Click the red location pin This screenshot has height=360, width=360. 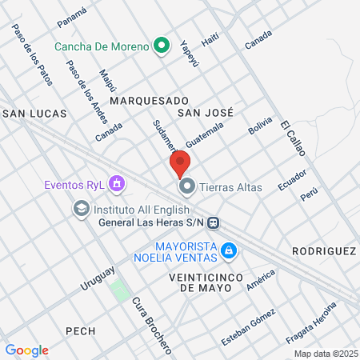click(x=179, y=165)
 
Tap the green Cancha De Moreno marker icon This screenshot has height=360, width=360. click(x=162, y=46)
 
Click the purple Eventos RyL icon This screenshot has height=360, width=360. click(x=118, y=185)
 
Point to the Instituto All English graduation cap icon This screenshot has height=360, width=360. click(x=81, y=207)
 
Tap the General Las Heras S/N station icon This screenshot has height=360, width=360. click(x=214, y=222)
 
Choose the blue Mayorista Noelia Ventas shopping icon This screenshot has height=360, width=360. click(x=230, y=251)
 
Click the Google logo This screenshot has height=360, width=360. click(x=26, y=350)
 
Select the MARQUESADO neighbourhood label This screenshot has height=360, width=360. click(x=149, y=101)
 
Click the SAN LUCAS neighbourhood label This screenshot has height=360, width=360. click(x=35, y=114)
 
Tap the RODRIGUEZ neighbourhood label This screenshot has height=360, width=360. click(x=323, y=250)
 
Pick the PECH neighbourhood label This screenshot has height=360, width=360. click(x=81, y=330)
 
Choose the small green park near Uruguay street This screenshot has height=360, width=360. click(x=120, y=289)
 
